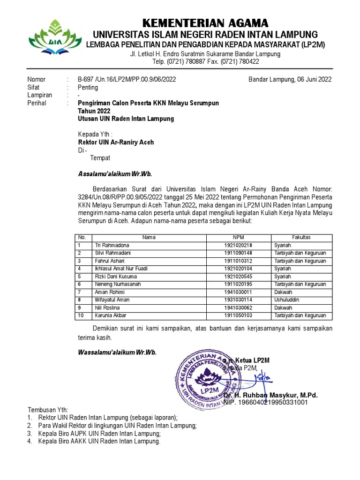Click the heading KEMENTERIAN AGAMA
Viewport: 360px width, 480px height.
(x=205, y=23)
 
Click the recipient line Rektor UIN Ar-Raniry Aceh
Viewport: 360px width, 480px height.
(x=116, y=142)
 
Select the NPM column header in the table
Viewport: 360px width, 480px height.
(x=238, y=237)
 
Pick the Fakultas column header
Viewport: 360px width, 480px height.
(x=301, y=237)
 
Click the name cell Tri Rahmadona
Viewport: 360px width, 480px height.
(x=112, y=245)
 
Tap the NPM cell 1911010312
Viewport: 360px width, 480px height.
(x=238, y=261)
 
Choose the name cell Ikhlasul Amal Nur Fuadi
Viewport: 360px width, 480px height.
(x=121, y=269)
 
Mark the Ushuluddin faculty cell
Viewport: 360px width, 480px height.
(x=287, y=300)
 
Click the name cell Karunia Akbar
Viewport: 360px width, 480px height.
(x=111, y=315)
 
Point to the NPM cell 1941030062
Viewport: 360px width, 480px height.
(x=238, y=307)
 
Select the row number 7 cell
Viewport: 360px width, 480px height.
(x=80, y=292)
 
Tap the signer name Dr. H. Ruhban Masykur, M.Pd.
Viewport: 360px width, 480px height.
(x=270, y=395)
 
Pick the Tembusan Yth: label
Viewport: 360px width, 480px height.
(x=48, y=409)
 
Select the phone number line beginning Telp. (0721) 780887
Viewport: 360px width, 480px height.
(x=205, y=61)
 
